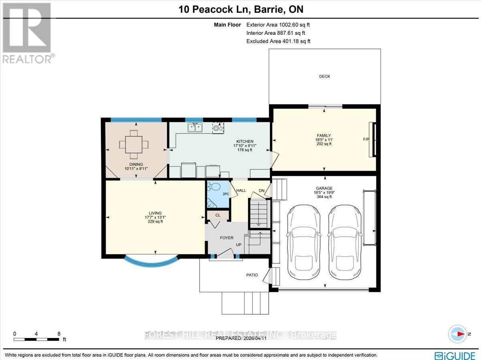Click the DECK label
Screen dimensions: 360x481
coord(324,76)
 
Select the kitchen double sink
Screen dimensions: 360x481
coord(195,127)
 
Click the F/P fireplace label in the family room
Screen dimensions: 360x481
coord(366,139)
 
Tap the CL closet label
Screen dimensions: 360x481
coord(218,215)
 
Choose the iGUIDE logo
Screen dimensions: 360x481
coord(455,355)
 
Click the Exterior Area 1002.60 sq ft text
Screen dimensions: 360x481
coord(278,25)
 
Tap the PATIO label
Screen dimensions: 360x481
coord(252,275)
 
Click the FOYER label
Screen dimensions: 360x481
coord(226,238)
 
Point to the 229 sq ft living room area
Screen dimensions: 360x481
coord(155,221)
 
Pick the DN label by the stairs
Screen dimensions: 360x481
coord(262,191)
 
